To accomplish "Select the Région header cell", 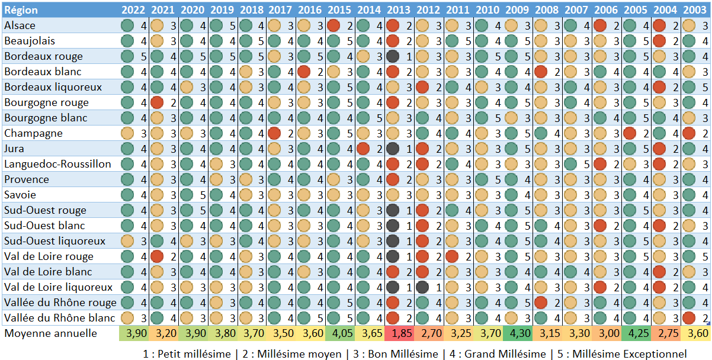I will (21, 9).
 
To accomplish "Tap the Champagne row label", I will (33, 133).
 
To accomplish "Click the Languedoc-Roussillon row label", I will (57, 164).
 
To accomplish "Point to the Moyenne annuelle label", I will (50, 333).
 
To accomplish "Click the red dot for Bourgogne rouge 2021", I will (156, 102).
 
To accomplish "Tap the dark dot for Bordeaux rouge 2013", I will (392, 56).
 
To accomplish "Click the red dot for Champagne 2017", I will (274, 133).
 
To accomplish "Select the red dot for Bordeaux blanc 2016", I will (304, 72).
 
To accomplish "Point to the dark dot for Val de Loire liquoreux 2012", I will (422, 287).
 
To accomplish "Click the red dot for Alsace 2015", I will (333, 25).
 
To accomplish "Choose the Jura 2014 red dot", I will (363, 149).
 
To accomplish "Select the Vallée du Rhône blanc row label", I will (60, 318).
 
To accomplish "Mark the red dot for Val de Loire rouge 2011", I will (451, 256).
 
